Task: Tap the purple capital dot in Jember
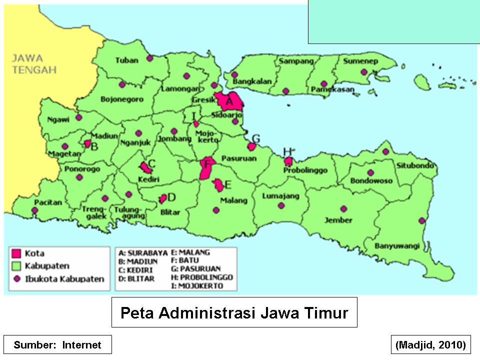tap(343, 209)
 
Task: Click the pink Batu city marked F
tap(206, 168)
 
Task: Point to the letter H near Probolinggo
tap(287, 151)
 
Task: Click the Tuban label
tap(126, 60)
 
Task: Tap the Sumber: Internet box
tap(57, 344)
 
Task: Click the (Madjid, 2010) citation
tap(430, 344)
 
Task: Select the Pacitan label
tap(48, 202)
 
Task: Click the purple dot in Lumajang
tap(281, 205)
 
